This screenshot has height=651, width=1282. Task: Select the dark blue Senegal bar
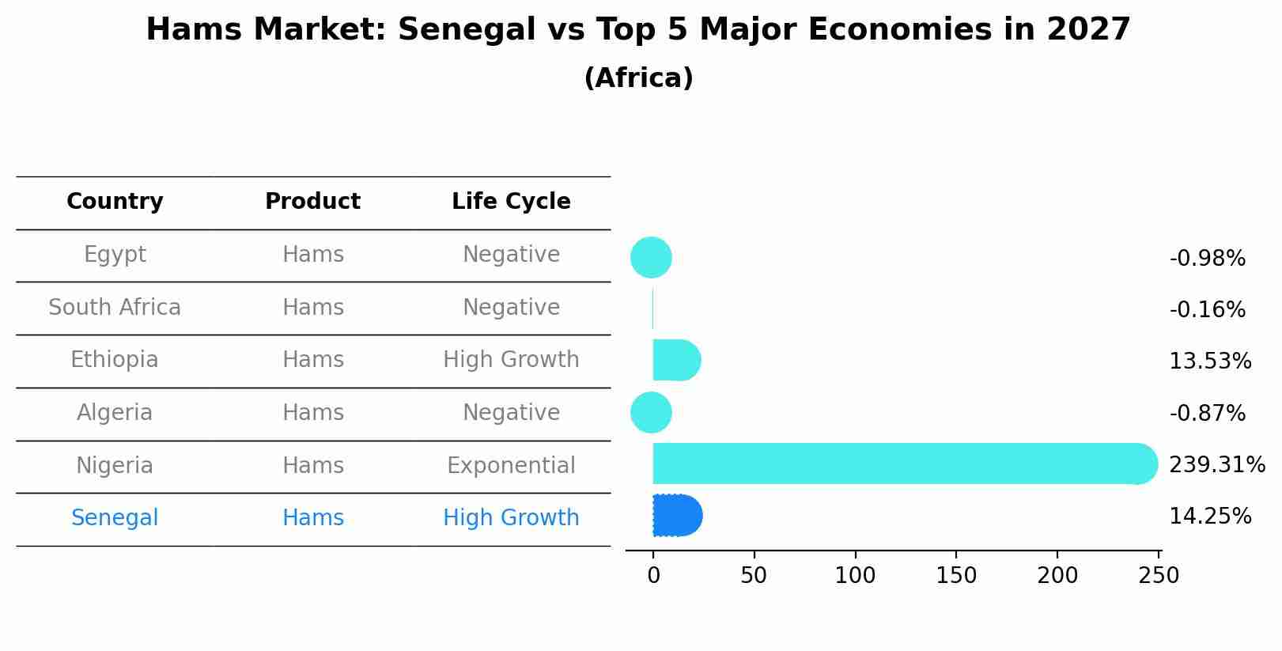(677, 516)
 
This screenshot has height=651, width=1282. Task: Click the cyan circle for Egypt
(651, 257)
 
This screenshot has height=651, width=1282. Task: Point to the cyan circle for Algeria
(651, 412)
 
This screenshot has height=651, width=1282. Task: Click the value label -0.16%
(1207, 309)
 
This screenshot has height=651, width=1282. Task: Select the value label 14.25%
(1209, 517)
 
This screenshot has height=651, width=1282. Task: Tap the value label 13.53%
(1209, 361)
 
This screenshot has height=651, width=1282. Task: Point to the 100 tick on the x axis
(855, 576)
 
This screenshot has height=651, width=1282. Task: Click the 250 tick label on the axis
(1159, 576)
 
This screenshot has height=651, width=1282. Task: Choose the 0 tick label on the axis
(653, 576)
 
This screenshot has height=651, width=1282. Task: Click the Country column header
(115, 202)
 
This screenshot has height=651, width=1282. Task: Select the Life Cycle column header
(511, 202)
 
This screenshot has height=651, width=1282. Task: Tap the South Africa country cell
(115, 307)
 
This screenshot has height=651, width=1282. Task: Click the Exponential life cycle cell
(511, 465)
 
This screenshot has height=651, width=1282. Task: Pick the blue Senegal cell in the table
(115, 518)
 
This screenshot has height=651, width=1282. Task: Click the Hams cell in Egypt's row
(313, 255)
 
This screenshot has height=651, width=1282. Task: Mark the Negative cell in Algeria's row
(511, 413)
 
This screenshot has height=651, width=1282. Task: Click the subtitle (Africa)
(638, 78)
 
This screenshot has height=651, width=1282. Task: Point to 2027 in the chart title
(1088, 30)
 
